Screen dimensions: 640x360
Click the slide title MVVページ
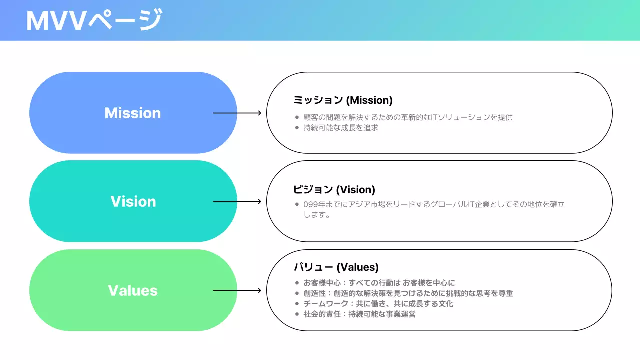coord(94,21)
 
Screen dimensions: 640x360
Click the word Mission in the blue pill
coord(133,113)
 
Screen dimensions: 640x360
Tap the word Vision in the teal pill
coord(133,202)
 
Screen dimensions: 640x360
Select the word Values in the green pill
coord(133,291)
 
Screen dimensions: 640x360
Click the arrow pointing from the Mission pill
coord(237,113)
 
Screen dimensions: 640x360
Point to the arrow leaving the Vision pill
coord(237,202)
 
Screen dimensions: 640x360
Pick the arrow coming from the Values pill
coord(237,291)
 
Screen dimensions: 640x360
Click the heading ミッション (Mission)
coord(343,100)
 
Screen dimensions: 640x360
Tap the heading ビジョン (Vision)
coord(334,190)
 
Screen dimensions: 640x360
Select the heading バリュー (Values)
coord(336,267)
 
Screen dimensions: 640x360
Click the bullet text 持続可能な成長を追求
coord(341,128)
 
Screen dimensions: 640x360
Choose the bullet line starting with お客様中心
coord(379,283)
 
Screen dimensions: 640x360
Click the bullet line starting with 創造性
coord(408,293)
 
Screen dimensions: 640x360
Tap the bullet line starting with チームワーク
coord(378,304)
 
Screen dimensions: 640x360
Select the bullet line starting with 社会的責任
coord(359,314)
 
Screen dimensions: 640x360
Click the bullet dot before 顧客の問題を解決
coord(297,117)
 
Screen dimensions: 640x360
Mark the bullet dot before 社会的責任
coord(297,314)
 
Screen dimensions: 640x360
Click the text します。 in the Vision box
coord(317,215)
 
